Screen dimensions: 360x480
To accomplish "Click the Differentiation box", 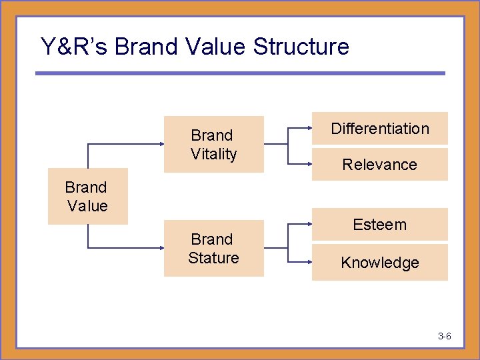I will pyautogui.click(x=380, y=129).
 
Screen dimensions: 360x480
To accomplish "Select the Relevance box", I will pyautogui.click(x=380, y=165).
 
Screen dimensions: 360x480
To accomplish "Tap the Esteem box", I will pyautogui.click(x=380, y=225).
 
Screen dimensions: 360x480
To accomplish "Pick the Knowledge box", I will pyautogui.click(x=380, y=263).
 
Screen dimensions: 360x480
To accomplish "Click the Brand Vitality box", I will pyautogui.click(x=214, y=145).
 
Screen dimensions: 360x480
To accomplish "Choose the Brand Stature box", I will pyautogui.click(x=214, y=248).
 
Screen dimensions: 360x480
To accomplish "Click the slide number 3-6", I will pyautogui.click(x=445, y=336).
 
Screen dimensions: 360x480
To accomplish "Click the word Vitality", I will pyautogui.click(x=214, y=154).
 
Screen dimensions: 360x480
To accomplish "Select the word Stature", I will pyautogui.click(x=213, y=257).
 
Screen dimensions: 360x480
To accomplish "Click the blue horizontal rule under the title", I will pyautogui.click(x=240, y=73).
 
